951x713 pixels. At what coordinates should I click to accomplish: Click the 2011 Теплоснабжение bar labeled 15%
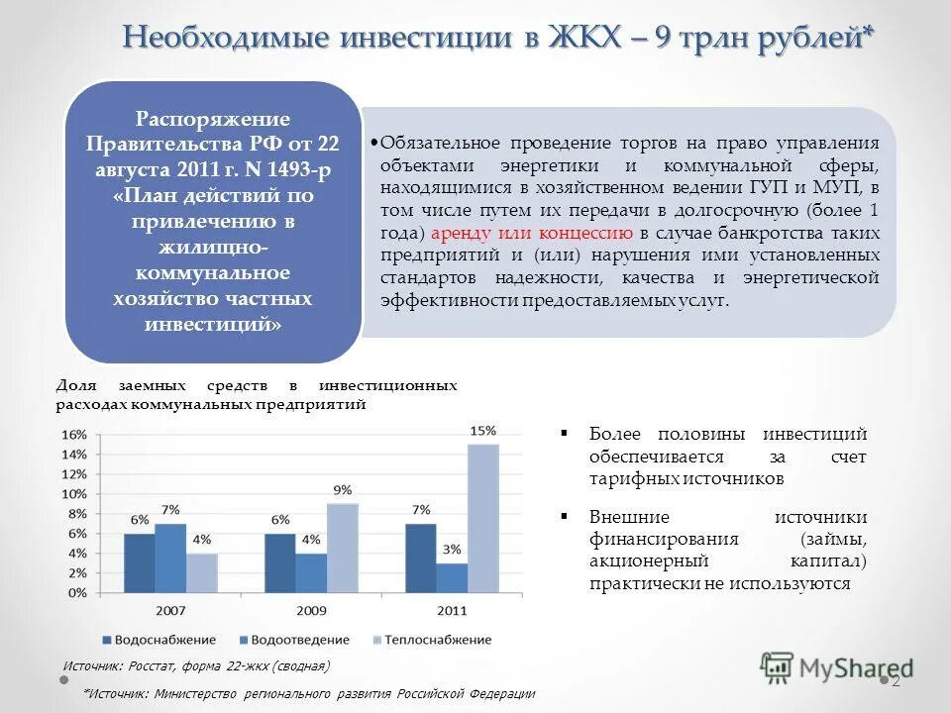pyautogui.click(x=482, y=518)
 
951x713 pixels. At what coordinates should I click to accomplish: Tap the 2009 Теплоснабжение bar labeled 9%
pyautogui.click(x=342, y=548)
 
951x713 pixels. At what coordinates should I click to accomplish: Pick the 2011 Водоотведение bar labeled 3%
pyautogui.click(x=451, y=577)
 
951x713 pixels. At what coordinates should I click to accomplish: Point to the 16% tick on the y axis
pyautogui.click(x=74, y=435)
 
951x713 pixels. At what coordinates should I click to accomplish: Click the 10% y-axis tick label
pyautogui.click(x=74, y=494)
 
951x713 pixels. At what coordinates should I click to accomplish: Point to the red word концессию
pyautogui.click(x=585, y=234)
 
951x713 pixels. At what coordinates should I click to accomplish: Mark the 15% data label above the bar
pyautogui.click(x=482, y=431)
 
